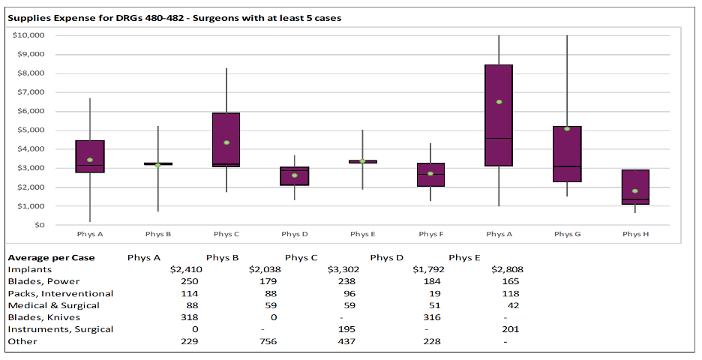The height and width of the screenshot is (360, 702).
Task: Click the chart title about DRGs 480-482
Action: coord(174,18)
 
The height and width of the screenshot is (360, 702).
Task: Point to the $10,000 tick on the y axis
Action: coord(29,35)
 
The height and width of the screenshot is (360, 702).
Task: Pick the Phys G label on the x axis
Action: coord(567,234)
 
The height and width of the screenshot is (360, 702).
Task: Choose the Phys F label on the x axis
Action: coord(430,234)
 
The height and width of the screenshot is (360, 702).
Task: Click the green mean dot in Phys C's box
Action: coord(226,142)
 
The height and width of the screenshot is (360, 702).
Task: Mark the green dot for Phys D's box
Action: coord(295,175)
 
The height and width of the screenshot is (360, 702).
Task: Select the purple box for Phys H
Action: coord(635,187)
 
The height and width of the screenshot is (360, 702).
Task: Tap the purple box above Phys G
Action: coord(567,154)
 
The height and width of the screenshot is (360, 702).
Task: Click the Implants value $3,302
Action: coord(341,269)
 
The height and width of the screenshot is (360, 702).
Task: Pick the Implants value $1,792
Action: coord(427,269)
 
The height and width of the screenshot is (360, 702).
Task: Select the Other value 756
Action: coord(268,341)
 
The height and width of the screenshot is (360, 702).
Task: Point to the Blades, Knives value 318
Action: coord(190,317)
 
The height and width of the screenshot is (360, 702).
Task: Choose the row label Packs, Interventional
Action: coord(60,293)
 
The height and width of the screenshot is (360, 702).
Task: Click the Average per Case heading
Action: coord(51,257)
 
